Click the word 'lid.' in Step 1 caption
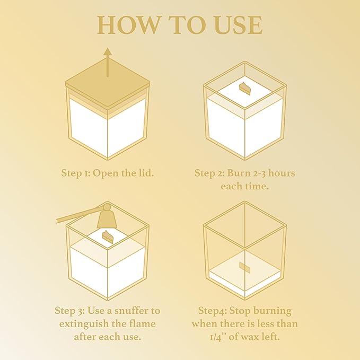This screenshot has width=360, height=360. point(144,173)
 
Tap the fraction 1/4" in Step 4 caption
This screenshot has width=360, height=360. point(206,336)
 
